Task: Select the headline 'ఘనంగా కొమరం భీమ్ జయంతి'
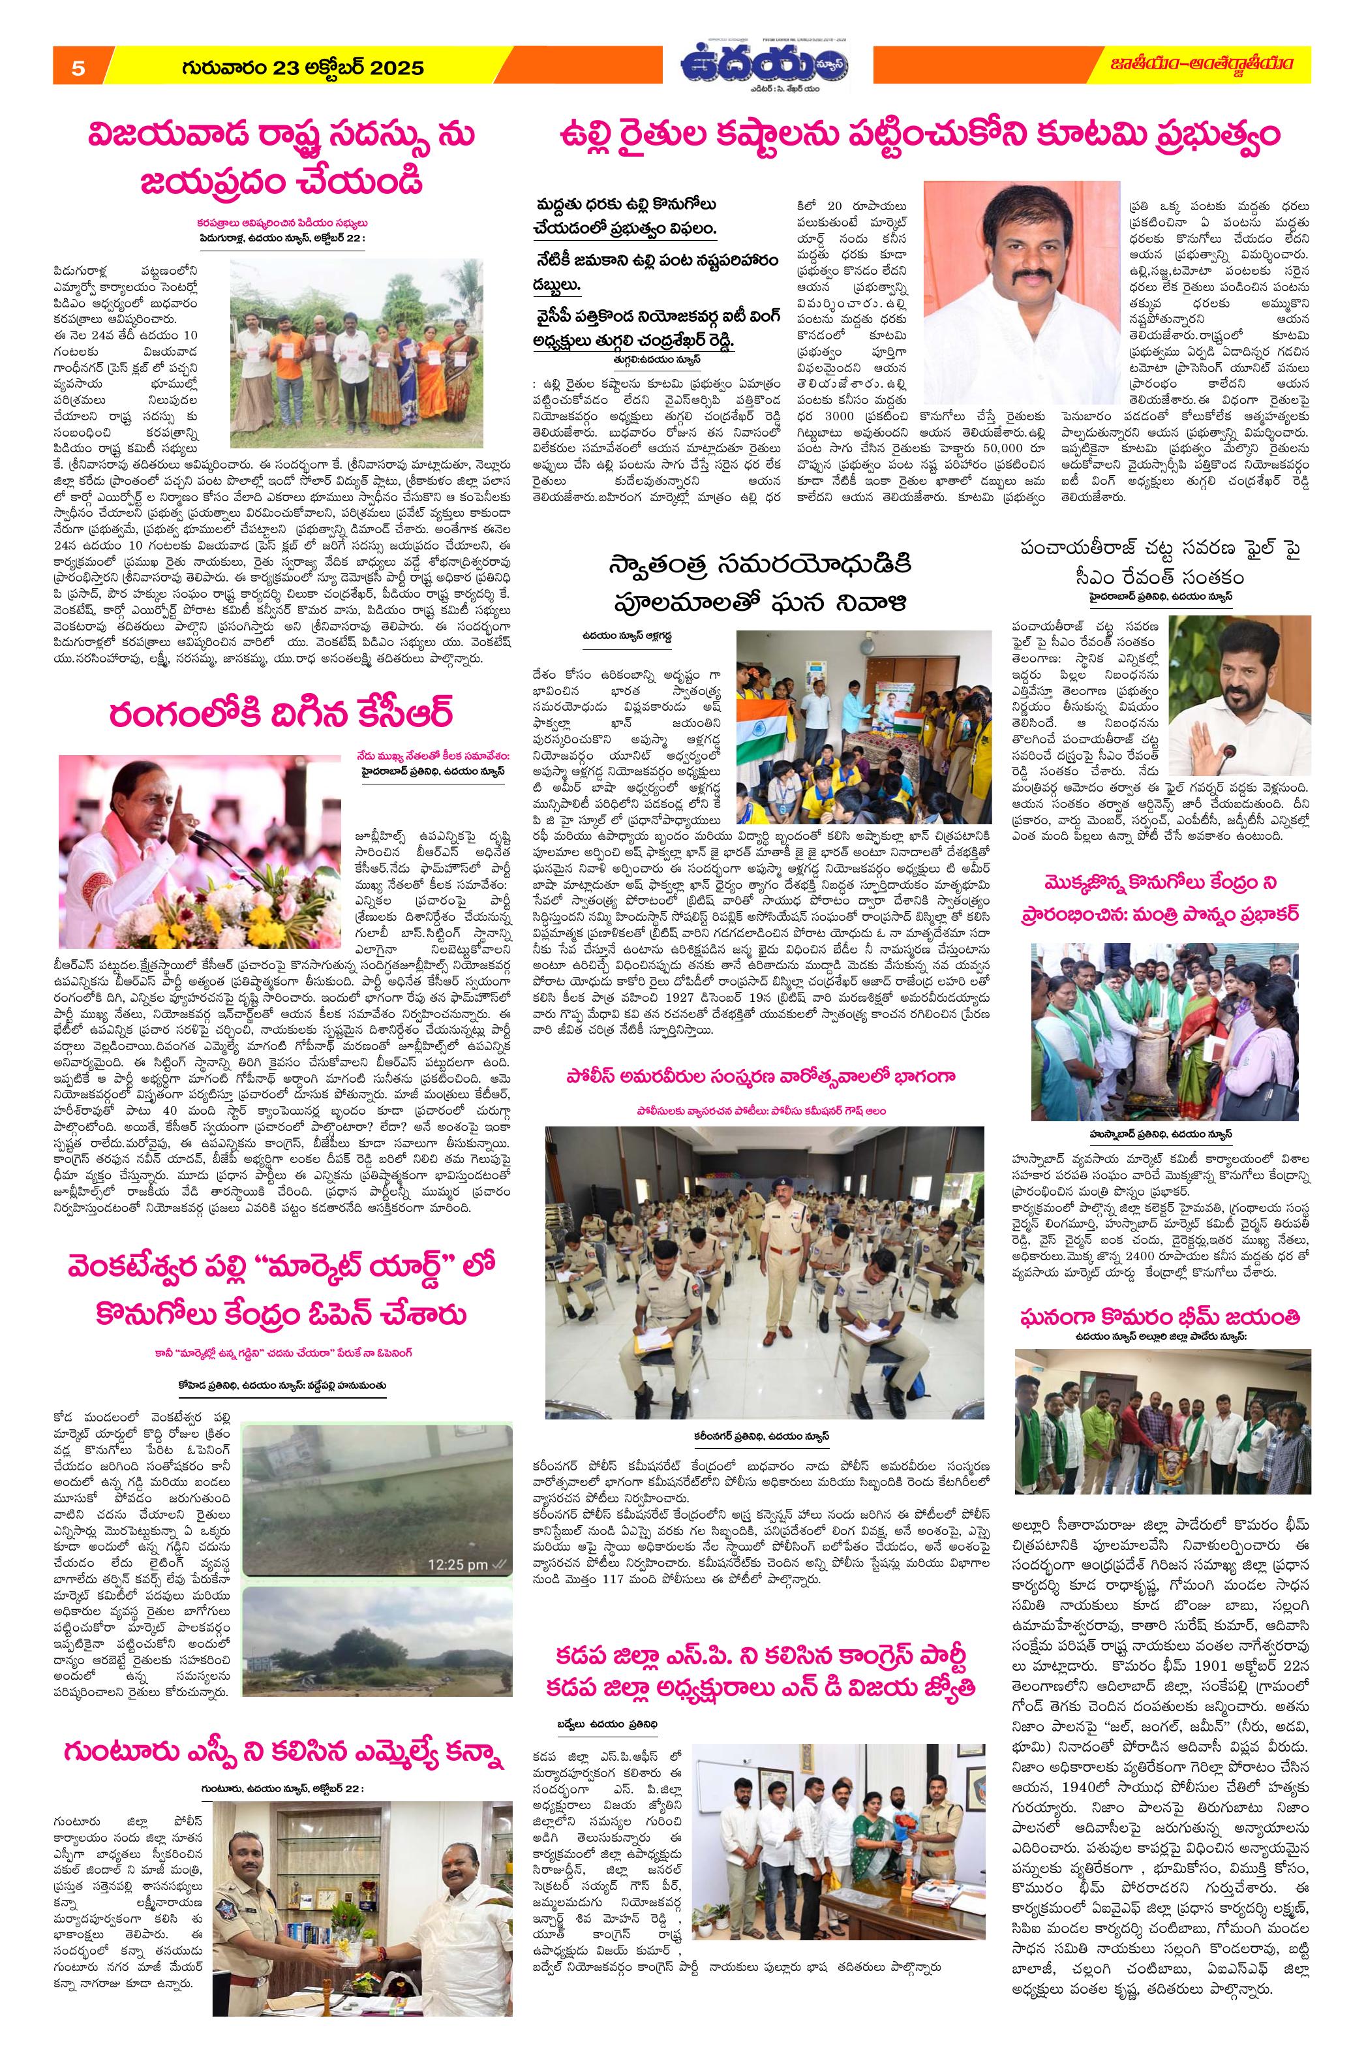pyautogui.click(x=1162, y=1316)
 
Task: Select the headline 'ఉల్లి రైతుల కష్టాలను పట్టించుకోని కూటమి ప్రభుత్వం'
pyautogui.click(x=920, y=138)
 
